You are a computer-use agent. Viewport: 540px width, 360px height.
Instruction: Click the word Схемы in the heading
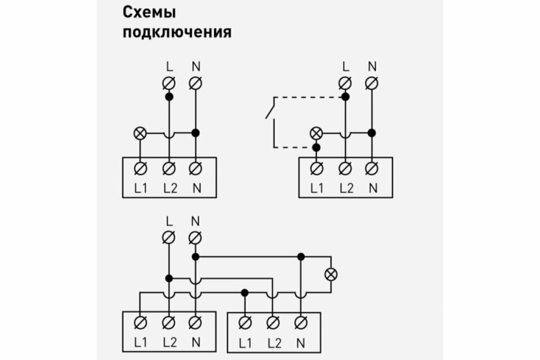click(x=149, y=13)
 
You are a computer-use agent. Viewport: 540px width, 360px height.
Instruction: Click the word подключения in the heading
click(x=177, y=33)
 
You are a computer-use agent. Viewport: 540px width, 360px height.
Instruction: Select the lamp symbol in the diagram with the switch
click(x=316, y=133)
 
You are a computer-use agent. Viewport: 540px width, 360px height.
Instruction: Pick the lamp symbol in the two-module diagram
click(x=332, y=274)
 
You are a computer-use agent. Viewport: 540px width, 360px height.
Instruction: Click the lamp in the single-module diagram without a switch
click(x=140, y=133)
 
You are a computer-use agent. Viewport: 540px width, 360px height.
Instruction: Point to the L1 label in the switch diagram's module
click(x=317, y=189)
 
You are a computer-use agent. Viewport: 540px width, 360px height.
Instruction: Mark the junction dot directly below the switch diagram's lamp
click(x=316, y=147)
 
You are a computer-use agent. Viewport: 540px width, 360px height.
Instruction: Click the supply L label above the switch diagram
click(x=345, y=67)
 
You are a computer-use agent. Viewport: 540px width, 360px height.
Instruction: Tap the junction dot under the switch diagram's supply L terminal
click(x=345, y=97)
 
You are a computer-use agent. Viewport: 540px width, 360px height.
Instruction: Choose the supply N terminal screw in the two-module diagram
click(x=195, y=237)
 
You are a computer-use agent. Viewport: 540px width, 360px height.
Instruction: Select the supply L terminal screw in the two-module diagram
click(x=169, y=237)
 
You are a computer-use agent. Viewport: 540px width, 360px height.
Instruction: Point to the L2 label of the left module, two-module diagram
click(x=170, y=342)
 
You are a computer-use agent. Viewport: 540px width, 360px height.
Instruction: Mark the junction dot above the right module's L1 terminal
click(x=244, y=292)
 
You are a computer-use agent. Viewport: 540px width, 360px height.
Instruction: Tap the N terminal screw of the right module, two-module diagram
click(x=300, y=322)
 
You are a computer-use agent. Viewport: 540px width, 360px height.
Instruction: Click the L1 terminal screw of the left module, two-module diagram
click(x=140, y=322)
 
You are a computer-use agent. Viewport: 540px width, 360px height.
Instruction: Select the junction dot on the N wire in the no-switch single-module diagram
click(x=195, y=133)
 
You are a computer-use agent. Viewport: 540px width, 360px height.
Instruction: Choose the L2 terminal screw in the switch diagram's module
click(x=345, y=168)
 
